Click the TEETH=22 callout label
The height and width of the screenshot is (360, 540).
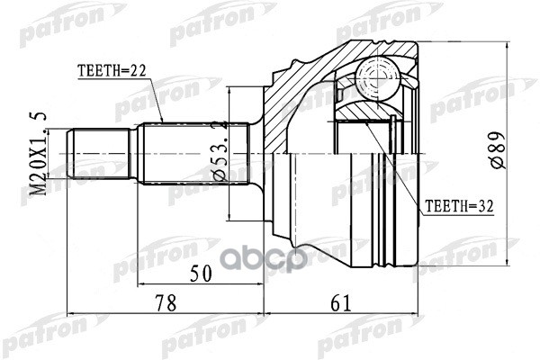[111, 68]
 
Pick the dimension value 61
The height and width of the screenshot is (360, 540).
[339, 304]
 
